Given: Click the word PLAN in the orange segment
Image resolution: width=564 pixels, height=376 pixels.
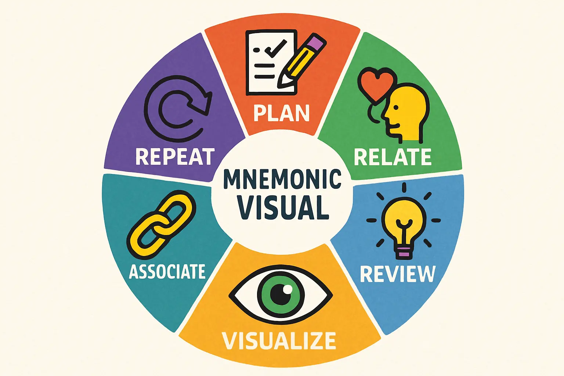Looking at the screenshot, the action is click(281, 113).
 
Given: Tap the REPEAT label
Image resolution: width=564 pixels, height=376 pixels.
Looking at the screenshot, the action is click(175, 157).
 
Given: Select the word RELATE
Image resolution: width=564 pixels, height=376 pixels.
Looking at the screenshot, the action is click(393, 157).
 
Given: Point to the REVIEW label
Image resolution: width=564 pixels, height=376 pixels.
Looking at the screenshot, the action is click(398, 274).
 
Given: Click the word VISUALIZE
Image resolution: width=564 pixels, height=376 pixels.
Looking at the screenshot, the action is click(279, 340).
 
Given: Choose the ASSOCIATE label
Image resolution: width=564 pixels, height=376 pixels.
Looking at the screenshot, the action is click(167, 271).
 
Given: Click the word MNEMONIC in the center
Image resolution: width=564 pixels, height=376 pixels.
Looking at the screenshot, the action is click(282, 179).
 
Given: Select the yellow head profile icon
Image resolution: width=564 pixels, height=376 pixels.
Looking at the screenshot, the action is click(406, 113).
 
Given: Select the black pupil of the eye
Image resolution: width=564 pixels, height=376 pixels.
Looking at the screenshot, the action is click(281, 294).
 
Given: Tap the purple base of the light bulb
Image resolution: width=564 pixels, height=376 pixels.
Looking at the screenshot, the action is click(404, 252).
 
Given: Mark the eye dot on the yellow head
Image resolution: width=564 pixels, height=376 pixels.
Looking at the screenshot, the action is click(396, 108).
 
